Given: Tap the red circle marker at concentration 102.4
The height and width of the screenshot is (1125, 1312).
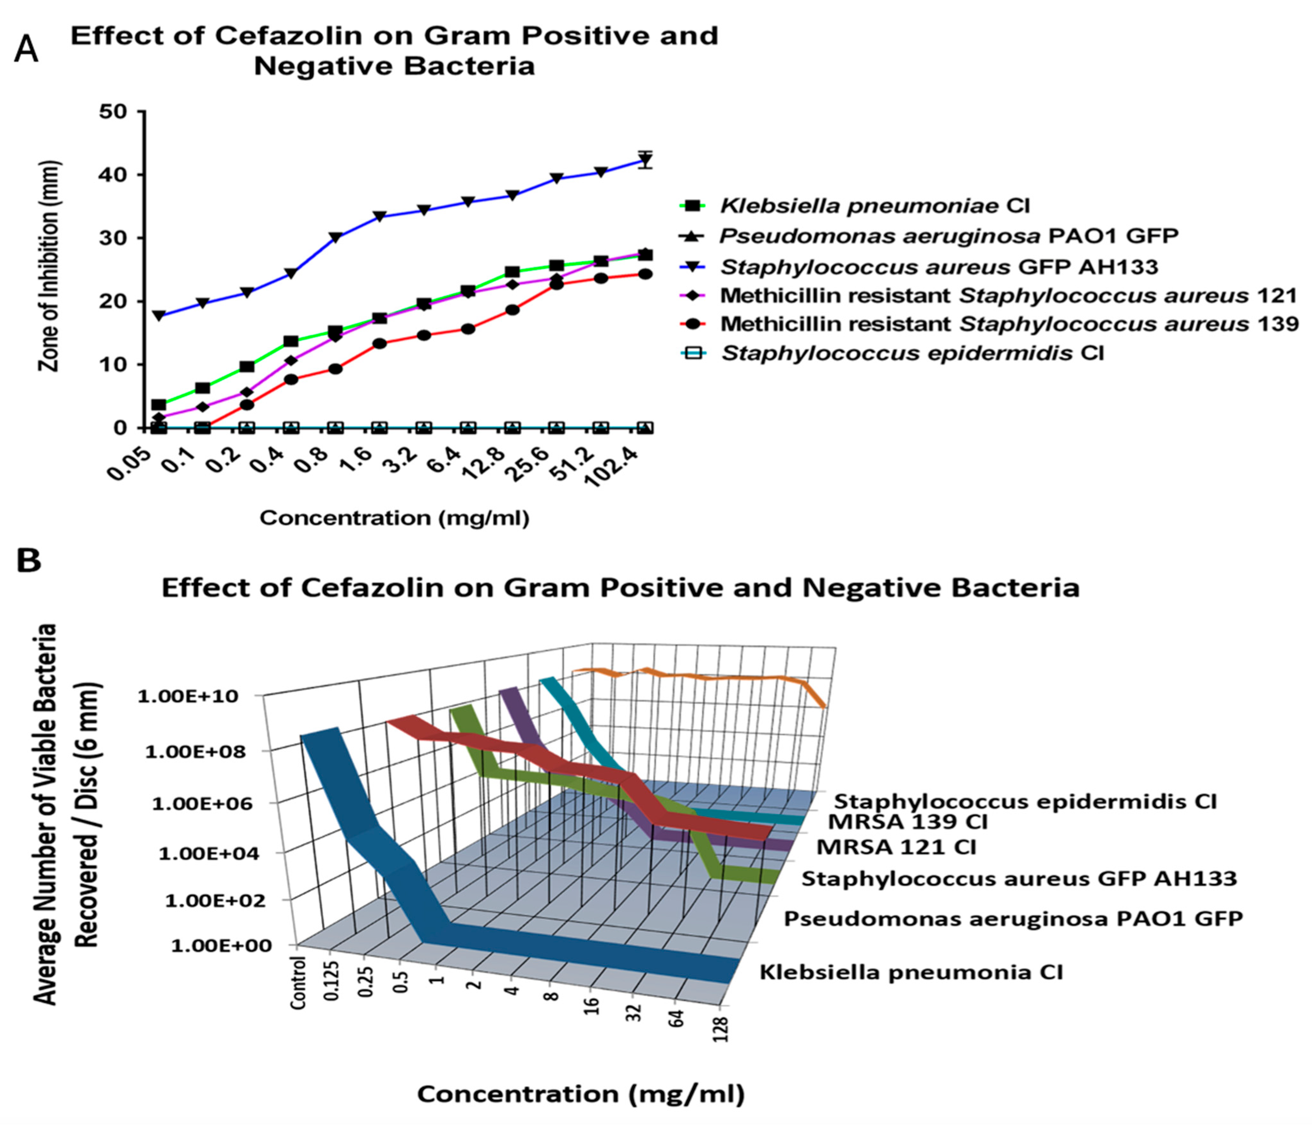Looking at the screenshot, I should tap(644, 274).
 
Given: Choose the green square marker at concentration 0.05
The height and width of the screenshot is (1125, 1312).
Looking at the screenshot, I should tap(158, 404).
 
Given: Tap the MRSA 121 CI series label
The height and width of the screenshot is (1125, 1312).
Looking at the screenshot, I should tap(896, 846).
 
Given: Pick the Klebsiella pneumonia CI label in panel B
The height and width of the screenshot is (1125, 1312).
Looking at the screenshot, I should tap(911, 972).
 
